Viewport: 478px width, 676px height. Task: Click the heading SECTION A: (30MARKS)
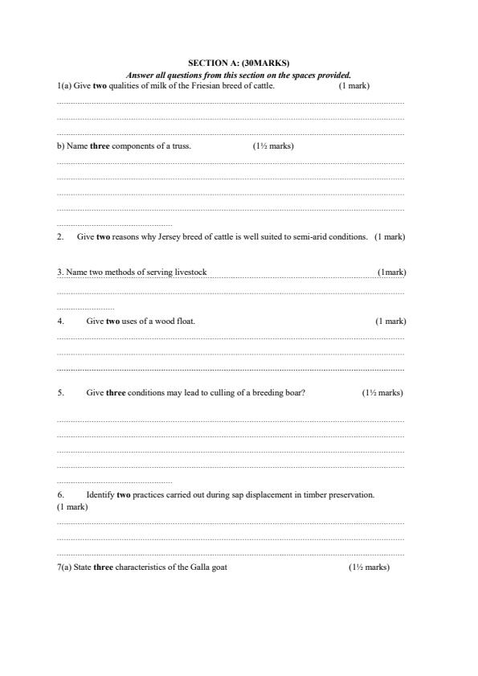(239, 62)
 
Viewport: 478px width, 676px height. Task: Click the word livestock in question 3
(190, 272)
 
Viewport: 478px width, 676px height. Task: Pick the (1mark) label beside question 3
(391, 272)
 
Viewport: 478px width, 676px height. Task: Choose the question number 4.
(60, 322)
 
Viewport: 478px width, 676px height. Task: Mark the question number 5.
(60, 393)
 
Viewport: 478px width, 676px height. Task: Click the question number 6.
(60, 495)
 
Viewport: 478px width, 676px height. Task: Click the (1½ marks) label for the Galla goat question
(368, 567)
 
